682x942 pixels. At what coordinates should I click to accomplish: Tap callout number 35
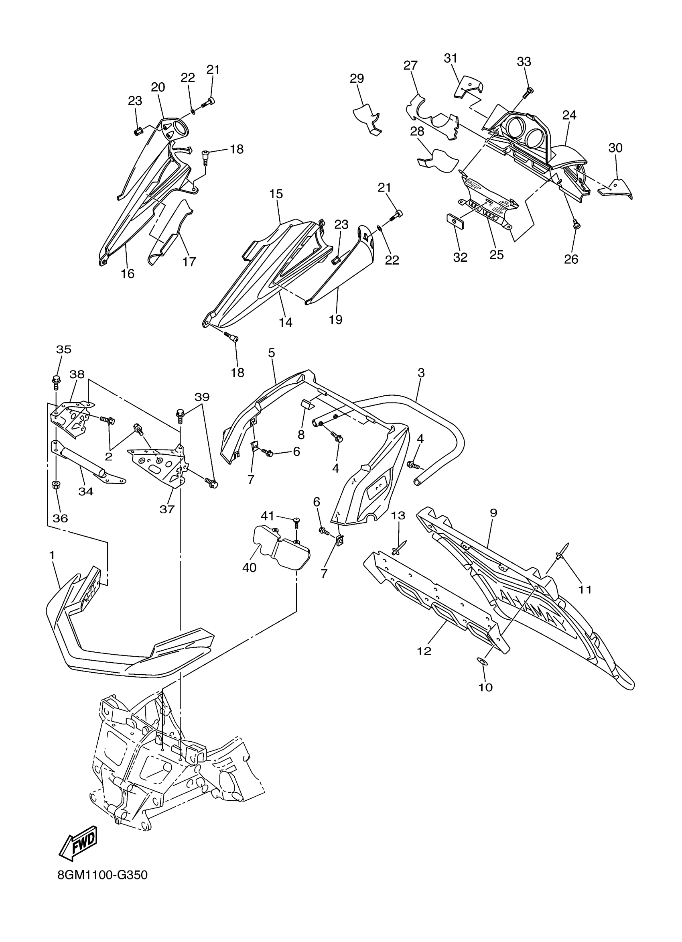tap(63, 350)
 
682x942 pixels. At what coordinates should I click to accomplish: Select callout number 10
tap(485, 688)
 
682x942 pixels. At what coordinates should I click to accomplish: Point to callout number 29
tap(357, 79)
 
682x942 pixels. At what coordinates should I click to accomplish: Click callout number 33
tap(524, 61)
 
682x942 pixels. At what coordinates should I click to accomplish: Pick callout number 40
tap(249, 568)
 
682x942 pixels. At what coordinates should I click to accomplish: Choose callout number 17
tap(189, 262)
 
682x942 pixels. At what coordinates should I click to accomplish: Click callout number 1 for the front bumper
tap(52, 555)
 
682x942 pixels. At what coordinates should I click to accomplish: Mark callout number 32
tap(460, 258)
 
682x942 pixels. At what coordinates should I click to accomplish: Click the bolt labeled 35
tap(55, 380)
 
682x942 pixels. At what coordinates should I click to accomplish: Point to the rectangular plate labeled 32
tap(455, 222)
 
